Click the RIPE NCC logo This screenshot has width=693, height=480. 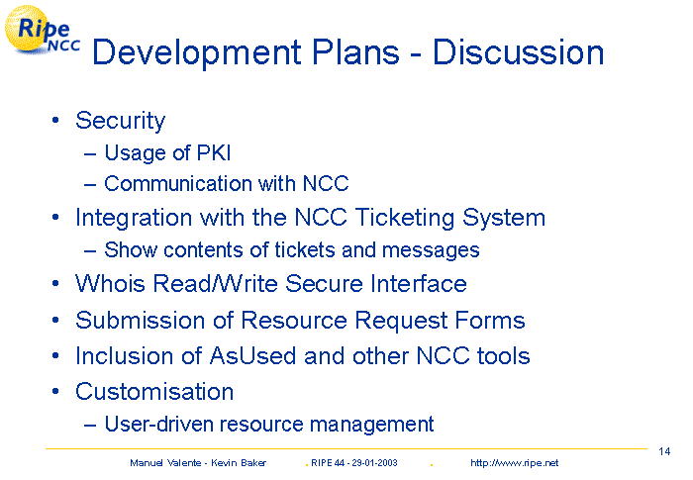[42, 30]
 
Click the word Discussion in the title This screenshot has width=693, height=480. [518, 52]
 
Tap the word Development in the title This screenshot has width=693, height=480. [197, 53]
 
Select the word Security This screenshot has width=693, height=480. [120, 121]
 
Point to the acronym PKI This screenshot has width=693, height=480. [214, 153]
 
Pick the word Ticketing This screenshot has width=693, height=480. [405, 219]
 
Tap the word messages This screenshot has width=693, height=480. [431, 251]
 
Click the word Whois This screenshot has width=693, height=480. [110, 283]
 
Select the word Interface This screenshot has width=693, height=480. [419, 283]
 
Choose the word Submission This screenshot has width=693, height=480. [141, 320]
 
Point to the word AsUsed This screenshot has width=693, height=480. [252, 356]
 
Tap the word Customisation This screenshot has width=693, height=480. [154, 392]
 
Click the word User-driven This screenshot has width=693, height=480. [158, 424]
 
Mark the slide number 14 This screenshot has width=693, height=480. [664, 451]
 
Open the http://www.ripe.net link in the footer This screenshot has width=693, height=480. [515, 463]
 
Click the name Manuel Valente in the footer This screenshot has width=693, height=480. [165, 463]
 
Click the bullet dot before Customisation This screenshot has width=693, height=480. [55, 392]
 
